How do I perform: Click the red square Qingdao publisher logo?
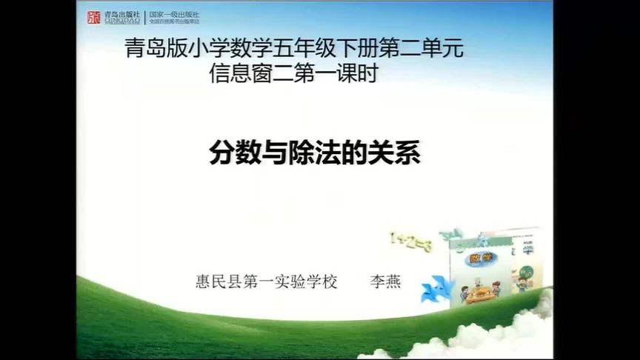[x=94, y=17]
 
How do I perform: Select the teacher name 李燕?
[x=384, y=282]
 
